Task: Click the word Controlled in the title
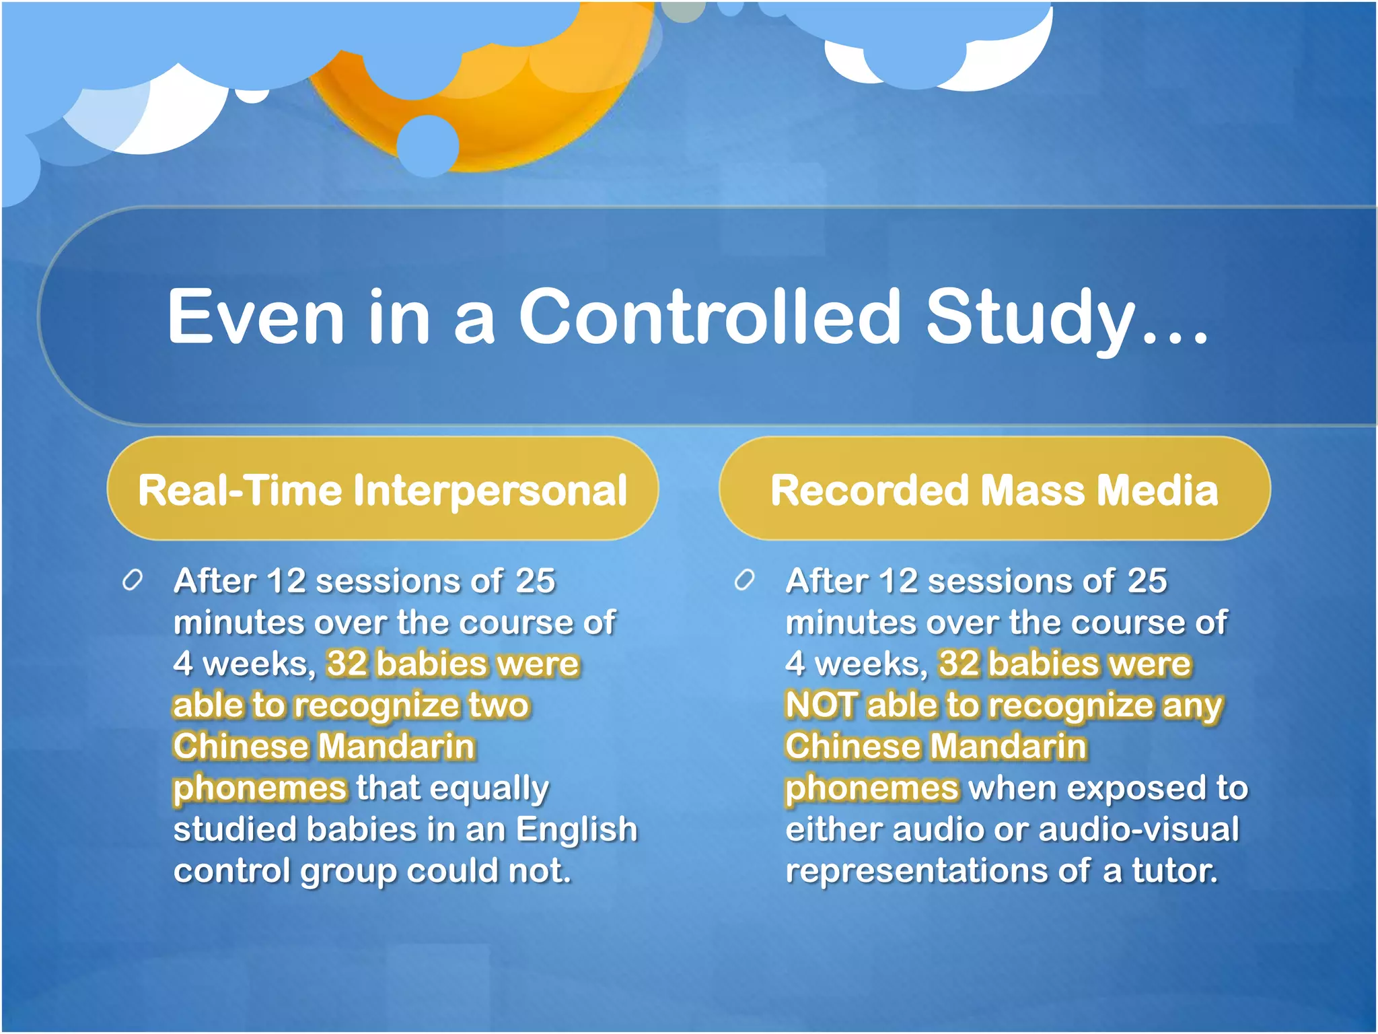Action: [x=709, y=316]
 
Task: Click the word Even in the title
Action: [x=256, y=316]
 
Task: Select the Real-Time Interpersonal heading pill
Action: [x=382, y=489]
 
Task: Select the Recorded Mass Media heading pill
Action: [x=994, y=489]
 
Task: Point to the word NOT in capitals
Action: [x=821, y=705]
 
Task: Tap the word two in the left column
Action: [x=499, y=705]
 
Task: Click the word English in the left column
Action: [x=577, y=829]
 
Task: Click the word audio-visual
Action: [x=1138, y=829]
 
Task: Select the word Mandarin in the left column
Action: [x=396, y=747]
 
